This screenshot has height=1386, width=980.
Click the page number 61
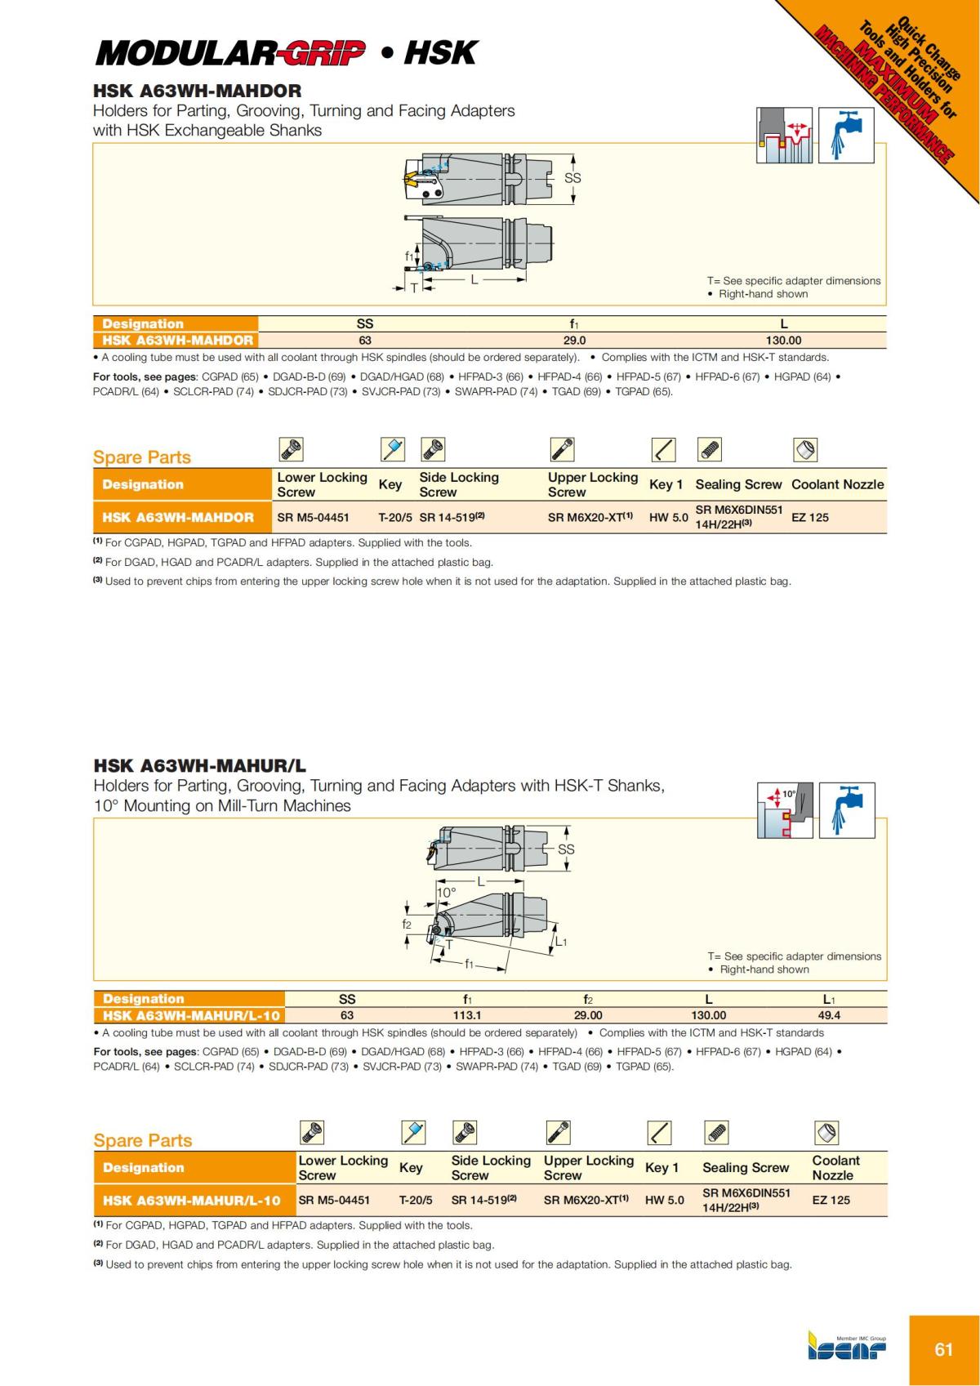coord(943,1349)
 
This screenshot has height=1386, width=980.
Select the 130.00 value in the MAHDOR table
coord(783,341)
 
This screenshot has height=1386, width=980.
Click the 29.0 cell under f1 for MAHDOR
coord(574,341)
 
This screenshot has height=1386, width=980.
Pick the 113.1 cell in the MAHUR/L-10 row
coord(467,1015)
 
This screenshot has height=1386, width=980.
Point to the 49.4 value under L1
coord(829,1015)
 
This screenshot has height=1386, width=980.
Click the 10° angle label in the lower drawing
coord(447,893)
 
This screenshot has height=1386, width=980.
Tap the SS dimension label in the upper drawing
coord(573,178)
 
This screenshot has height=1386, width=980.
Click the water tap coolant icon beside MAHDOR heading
coord(846,136)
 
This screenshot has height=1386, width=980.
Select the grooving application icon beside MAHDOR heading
coord(784,136)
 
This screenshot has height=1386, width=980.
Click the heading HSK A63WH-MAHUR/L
coord(200,766)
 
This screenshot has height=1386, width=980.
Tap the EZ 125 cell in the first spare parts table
coord(810,517)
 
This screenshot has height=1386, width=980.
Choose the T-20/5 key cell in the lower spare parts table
coord(416,1200)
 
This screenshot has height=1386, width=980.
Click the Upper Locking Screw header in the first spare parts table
coord(592,484)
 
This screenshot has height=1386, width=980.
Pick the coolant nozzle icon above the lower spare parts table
coord(826,1133)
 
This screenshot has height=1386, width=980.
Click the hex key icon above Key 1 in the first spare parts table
coord(663,450)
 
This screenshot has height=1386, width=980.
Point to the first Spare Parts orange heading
coord(142,457)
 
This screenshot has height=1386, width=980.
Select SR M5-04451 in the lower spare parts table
coord(334,1200)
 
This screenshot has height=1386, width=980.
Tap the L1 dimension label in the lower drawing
coord(561,942)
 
